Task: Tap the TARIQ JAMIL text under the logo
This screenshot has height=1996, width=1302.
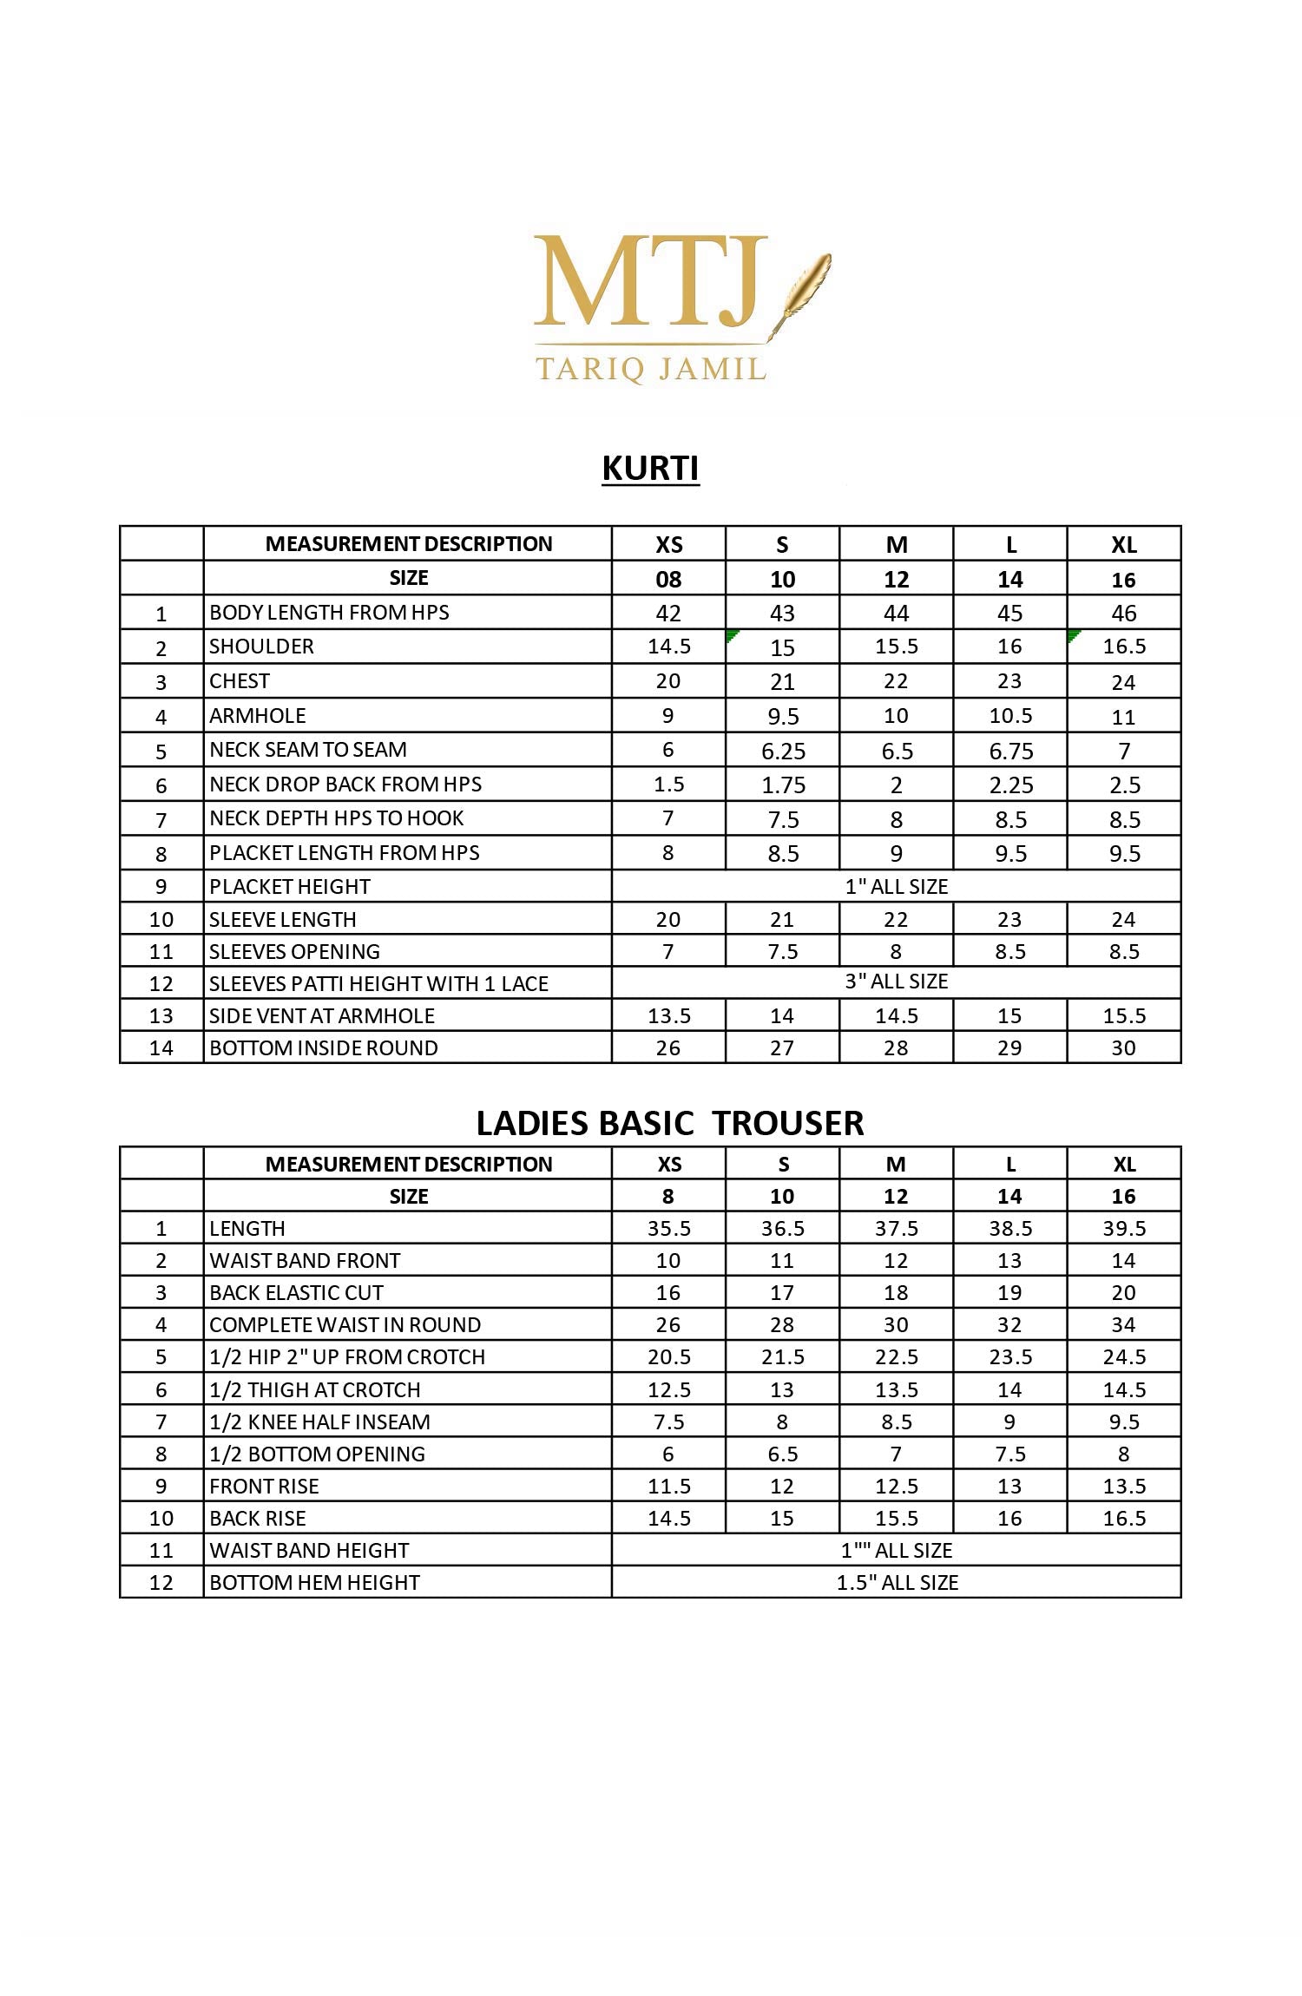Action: (651, 369)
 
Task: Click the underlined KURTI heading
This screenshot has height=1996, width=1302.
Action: (650, 469)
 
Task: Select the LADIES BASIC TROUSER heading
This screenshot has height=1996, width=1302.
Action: (669, 1123)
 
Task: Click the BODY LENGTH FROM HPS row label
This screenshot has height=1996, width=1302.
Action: (329, 613)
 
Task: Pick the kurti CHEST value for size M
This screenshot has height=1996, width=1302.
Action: (896, 681)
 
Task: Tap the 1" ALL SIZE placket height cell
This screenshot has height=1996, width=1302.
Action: (896, 886)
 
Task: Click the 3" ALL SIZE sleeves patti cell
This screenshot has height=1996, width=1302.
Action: (896, 982)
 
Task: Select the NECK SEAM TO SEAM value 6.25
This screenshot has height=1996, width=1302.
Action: (783, 751)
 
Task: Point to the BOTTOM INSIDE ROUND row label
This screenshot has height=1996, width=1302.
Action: (323, 1047)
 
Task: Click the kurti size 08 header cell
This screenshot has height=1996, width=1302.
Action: (668, 579)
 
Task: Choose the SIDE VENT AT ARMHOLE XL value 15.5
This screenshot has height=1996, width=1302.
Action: (1124, 1015)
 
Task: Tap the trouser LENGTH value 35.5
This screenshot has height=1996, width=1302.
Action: (668, 1228)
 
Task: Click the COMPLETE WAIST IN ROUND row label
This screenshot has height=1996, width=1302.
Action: (345, 1324)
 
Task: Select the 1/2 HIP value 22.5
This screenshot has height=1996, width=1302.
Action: (896, 1356)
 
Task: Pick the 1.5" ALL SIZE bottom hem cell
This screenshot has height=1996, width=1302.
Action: (896, 1582)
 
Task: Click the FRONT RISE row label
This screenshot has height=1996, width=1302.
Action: (264, 1486)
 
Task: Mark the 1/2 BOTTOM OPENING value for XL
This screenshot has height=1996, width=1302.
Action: (1124, 1454)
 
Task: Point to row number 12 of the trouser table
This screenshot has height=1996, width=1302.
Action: (161, 1582)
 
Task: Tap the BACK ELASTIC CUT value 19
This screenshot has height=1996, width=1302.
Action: (1009, 1292)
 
